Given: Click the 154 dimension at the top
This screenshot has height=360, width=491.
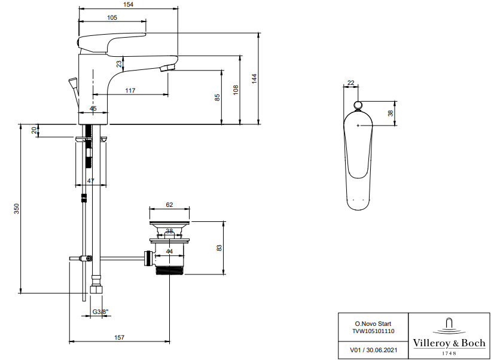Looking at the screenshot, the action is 128,4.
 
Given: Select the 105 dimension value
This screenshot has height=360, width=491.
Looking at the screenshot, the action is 112,17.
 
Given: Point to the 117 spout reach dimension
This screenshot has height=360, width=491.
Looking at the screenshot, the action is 130,90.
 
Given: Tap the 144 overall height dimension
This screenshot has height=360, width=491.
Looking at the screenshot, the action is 254,78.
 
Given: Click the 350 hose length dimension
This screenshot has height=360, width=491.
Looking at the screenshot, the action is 16,209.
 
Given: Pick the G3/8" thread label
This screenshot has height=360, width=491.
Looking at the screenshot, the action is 100,312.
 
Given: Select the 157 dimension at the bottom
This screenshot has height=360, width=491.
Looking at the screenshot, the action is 119,337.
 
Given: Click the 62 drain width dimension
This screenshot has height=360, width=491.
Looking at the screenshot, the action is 169,205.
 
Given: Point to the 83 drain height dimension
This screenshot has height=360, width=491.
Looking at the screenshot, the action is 219,248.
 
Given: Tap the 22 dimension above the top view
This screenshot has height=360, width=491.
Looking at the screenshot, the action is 350,83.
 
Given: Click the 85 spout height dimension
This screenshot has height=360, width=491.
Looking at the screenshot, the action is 217,97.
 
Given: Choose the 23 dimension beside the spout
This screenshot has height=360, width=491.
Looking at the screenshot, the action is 119,64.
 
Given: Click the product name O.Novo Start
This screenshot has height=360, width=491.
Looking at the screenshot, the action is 373,324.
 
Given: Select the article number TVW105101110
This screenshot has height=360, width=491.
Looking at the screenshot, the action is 373,331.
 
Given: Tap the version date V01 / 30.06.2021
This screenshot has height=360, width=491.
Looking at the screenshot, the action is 373,350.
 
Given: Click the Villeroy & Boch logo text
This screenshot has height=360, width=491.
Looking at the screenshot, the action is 449,343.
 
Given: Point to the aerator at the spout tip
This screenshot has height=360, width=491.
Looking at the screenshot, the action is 168,68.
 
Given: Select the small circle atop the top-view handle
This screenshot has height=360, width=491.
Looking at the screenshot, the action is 358,105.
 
